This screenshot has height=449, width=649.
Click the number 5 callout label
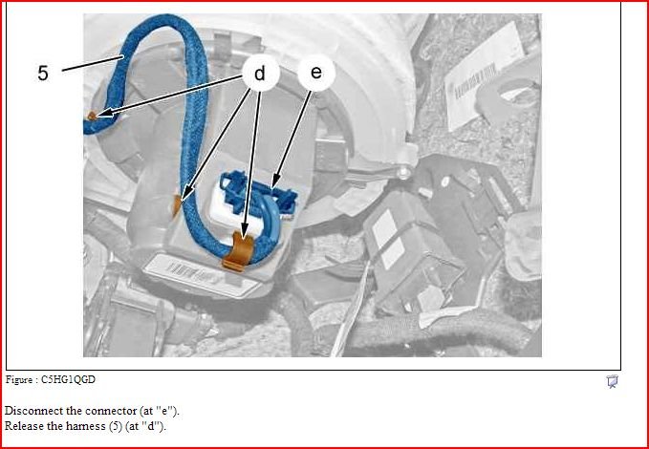coord(43,74)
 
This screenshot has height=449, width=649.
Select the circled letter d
coord(260,74)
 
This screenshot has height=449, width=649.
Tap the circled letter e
coord(316,73)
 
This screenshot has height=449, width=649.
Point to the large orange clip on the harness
coord(238,251)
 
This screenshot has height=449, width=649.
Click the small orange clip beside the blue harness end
coord(92,116)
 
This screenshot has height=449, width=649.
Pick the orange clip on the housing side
coord(178,205)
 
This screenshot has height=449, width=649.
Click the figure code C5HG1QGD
coord(68,379)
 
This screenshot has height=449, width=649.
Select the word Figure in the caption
coord(18,379)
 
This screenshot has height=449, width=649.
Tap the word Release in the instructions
coord(21,426)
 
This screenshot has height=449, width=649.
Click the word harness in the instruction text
coord(89,426)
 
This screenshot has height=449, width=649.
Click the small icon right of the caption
coord(612,381)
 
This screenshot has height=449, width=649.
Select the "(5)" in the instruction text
coord(116,426)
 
